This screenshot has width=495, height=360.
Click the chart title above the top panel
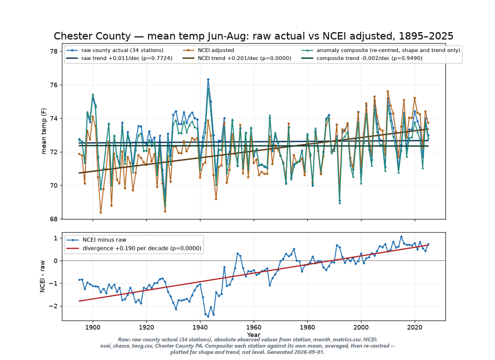(x=253, y=36)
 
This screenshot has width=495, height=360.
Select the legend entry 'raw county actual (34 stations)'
(x=115, y=50)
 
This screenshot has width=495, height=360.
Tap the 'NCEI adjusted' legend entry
(x=209, y=50)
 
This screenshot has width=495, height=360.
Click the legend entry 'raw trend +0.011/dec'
(x=119, y=58)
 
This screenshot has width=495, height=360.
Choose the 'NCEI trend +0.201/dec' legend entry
(x=237, y=58)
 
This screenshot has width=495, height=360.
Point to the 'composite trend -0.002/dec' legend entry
(x=362, y=58)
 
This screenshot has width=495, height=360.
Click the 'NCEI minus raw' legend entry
(x=97, y=240)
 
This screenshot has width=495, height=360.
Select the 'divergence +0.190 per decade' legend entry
(x=134, y=248)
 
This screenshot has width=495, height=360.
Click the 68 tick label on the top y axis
(x=54, y=219)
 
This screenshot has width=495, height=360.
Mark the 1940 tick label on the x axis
(x=200, y=327)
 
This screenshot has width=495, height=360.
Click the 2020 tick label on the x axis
(x=415, y=327)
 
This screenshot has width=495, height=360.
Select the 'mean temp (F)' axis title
(x=44, y=131)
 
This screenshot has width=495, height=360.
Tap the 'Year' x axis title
(x=254, y=335)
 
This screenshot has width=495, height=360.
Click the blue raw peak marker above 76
(x=208, y=80)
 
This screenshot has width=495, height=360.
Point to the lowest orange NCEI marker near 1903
(x=100, y=212)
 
